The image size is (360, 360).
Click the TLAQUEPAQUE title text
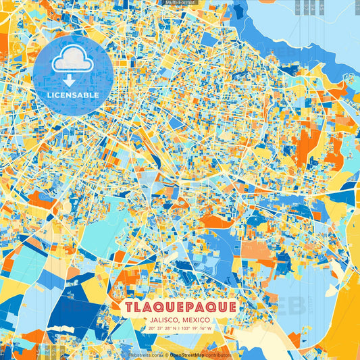tap(180, 307)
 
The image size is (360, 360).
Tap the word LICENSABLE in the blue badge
tap(73, 95)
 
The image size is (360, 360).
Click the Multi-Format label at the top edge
tap(180, 3)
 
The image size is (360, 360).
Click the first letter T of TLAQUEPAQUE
tap(128, 307)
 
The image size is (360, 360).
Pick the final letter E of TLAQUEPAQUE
tap(231, 307)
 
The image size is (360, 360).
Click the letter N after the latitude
tap(177, 329)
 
